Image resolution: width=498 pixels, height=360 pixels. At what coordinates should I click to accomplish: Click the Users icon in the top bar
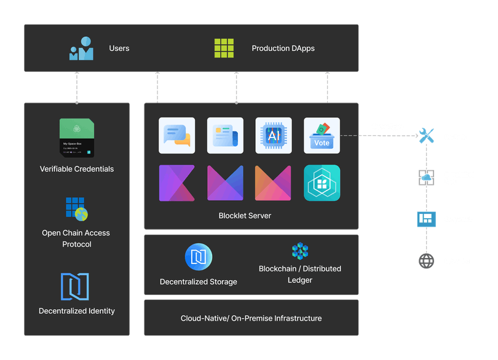coord(81,49)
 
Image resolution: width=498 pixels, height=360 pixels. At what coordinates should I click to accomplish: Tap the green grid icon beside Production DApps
coord(224,48)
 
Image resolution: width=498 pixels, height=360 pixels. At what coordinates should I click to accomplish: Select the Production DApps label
coord(283,49)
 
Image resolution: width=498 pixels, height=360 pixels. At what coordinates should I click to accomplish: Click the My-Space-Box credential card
coord(77,138)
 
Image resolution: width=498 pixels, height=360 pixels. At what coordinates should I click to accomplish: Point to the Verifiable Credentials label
coord(77,169)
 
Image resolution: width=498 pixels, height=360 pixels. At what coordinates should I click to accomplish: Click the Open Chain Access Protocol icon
coord(77,209)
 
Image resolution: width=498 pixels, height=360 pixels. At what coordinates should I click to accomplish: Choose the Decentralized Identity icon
coord(75,287)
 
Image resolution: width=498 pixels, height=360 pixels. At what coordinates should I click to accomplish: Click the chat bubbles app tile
coord(177,135)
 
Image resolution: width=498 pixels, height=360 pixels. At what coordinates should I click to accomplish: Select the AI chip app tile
coord(274,135)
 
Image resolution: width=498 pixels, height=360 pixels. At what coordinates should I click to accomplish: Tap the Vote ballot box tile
coord(322,135)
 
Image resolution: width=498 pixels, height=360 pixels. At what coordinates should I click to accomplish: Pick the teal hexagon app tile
coord(322,183)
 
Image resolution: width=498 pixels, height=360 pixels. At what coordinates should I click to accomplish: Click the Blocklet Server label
coord(245,216)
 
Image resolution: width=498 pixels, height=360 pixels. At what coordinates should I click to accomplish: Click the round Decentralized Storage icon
coord(199,257)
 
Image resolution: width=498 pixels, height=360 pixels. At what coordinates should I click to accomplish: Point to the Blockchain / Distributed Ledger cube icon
coord(300,251)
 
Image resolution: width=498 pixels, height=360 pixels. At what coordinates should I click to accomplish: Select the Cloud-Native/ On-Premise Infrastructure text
coord(251,318)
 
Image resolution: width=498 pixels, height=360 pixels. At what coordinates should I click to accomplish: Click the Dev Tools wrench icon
coord(426,136)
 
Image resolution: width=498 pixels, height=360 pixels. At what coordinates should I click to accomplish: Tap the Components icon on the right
coord(426,218)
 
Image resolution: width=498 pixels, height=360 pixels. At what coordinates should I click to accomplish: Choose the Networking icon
coord(426,260)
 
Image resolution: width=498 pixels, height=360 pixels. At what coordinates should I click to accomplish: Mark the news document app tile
coord(225,135)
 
